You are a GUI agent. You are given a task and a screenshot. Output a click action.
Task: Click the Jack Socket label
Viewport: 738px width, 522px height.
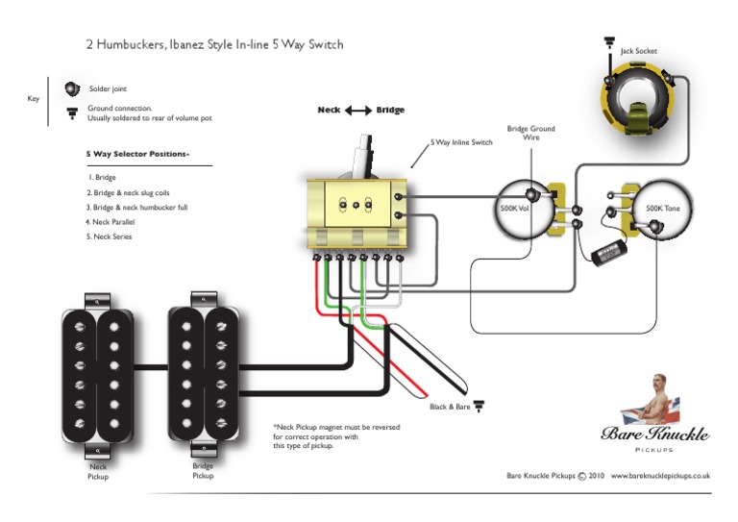[639, 51]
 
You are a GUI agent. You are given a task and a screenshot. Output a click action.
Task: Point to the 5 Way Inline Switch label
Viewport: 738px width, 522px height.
[461, 142]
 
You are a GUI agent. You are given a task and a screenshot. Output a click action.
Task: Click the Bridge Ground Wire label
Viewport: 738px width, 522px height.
[530, 134]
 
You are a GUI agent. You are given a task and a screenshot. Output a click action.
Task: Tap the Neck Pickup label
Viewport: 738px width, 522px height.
[98, 472]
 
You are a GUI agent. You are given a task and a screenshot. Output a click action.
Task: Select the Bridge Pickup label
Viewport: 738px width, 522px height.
[203, 470]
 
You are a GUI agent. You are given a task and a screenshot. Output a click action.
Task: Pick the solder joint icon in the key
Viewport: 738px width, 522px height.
[72, 88]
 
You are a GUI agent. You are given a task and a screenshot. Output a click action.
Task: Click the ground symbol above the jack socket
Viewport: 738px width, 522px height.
[609, 41]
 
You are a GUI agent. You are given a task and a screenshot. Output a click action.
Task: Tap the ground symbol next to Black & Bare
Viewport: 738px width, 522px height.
[479, 407]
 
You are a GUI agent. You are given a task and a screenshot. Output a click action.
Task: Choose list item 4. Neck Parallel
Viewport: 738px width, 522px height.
[109, 222]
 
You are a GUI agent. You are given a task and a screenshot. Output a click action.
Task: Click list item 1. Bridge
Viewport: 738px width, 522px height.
[101, 178]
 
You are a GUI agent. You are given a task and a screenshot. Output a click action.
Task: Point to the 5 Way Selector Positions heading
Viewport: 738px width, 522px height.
[137, 154]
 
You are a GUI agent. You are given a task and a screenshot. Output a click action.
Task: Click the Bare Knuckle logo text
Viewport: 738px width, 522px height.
[655, 434]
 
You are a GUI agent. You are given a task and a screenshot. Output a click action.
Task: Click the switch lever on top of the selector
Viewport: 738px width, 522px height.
[364, 155]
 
